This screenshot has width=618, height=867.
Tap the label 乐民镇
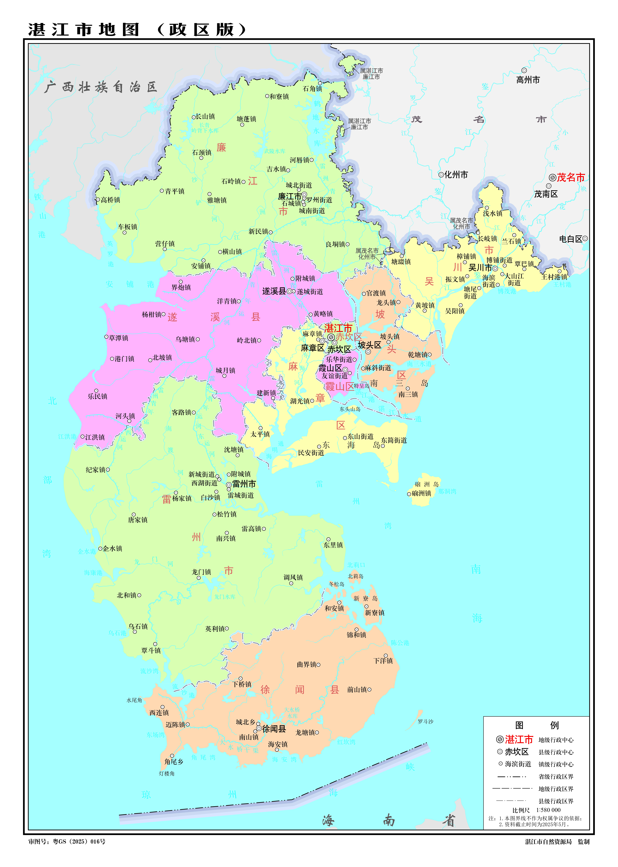pyautogui.click(x=97, y=396)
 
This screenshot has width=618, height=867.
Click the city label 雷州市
pyautogui.click(x=244, y=484)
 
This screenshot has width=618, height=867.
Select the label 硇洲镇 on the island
pyautogui.click(x=421, y=494)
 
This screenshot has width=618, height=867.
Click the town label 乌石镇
pyautogui.click(x=138, y=626)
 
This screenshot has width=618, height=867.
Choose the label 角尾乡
pyautogui.click(x=174, y=762)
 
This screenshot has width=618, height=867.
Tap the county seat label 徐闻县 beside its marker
pyautogui.click(x=274, y=729)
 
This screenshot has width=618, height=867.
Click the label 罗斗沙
pyautogui.click(x=425, y=721)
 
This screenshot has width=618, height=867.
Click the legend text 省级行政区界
pyautogui.click(x=556, y=777)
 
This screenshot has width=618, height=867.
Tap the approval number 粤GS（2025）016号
pyautogui.click(x=79, y=841)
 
